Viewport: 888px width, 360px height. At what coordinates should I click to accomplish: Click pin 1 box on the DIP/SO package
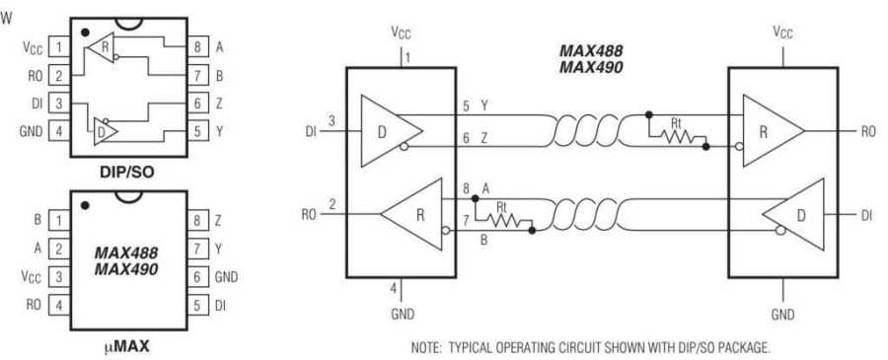point(60,46)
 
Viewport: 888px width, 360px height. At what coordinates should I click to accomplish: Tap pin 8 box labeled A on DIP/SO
point(198,46)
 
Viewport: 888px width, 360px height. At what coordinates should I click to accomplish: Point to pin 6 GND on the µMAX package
point(198,278)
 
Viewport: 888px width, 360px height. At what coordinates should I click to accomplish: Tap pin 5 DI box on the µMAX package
point(198,306)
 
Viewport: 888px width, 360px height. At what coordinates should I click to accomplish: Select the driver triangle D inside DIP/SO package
point(105,130)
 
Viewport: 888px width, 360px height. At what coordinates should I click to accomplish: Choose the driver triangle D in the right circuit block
point(798,213)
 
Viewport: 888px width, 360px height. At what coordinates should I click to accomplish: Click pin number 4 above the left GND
point(393,288)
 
